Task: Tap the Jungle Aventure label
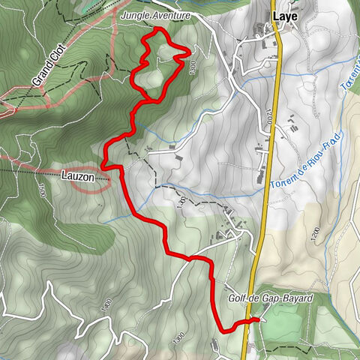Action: pos(156,15)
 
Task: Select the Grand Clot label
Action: pos(46,67)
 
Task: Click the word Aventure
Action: pos(172,15)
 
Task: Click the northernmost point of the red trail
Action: pos(158,28)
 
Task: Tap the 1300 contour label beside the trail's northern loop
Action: pos(193,68)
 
